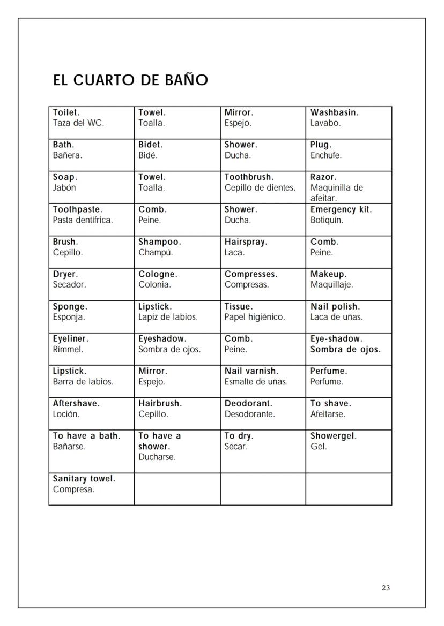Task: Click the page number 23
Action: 386,588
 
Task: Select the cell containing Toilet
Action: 91,123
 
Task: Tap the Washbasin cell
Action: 349,123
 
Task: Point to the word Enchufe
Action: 325,156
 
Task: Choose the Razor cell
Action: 349,187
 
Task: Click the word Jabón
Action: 64,188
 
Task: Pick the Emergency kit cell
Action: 349,220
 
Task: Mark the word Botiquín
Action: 327,220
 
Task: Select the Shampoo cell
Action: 177,252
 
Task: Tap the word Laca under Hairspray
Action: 234,252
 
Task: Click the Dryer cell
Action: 91,284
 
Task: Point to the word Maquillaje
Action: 331,285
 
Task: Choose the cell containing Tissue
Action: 263,316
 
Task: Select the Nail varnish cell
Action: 263,381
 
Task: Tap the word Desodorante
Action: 249,414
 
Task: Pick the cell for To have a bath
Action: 91,451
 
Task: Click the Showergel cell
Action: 349,451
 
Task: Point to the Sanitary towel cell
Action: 91,488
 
